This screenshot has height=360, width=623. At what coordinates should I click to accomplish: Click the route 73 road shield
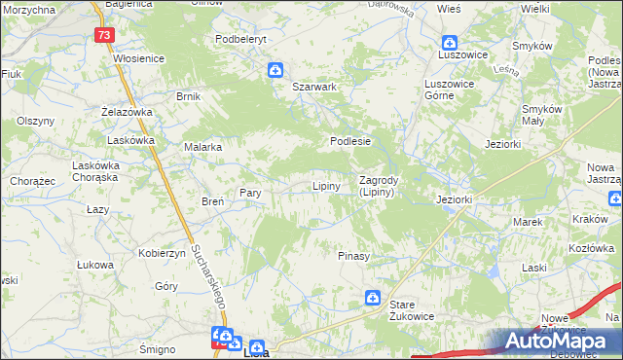105,34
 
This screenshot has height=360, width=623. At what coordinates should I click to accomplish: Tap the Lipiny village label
325,186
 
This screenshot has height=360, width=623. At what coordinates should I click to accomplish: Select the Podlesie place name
350,141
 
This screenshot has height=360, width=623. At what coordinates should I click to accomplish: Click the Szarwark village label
314,87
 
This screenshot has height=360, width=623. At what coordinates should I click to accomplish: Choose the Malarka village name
203,147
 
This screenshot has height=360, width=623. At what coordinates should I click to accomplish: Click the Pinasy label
353,256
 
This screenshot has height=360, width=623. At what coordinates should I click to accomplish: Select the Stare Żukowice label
410,311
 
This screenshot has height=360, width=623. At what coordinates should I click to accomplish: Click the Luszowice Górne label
449,90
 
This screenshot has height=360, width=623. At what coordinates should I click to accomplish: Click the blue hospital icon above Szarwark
275,70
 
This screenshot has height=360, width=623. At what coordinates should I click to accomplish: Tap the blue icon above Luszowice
449,43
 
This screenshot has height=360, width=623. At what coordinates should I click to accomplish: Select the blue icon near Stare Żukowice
373,298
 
